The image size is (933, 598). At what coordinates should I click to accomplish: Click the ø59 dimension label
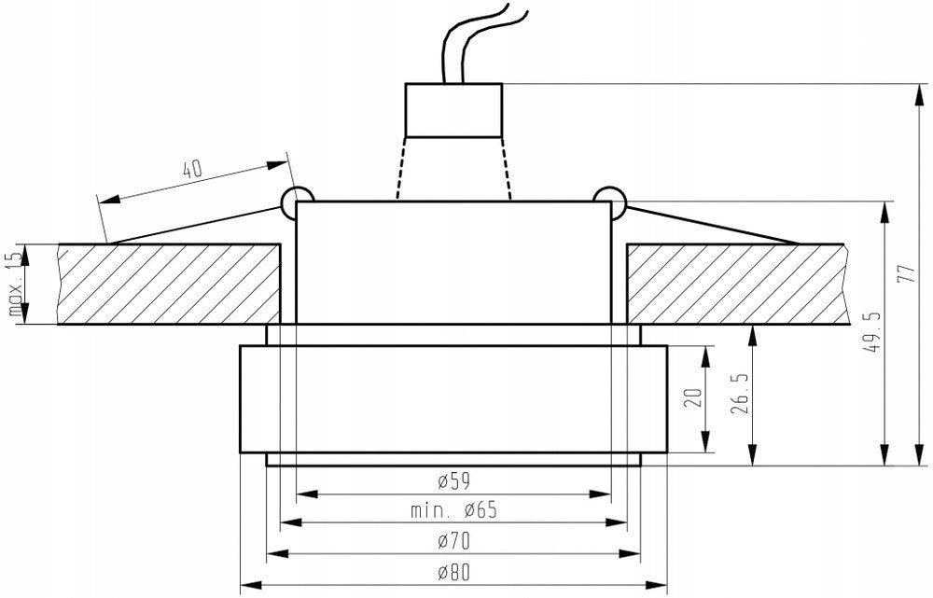click(453, 480)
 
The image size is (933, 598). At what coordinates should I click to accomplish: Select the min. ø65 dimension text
click(453, 510)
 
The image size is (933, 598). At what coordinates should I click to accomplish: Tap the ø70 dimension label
click(453, 541)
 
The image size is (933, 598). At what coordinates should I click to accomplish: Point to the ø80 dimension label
click(453, 573)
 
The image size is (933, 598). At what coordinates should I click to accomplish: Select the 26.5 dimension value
click(739, 395)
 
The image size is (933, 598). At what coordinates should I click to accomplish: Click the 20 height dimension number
click(694, 396)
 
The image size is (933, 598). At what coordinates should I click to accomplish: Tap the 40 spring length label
click(192, 170)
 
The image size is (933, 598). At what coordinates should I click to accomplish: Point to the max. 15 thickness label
click(17, 284)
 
